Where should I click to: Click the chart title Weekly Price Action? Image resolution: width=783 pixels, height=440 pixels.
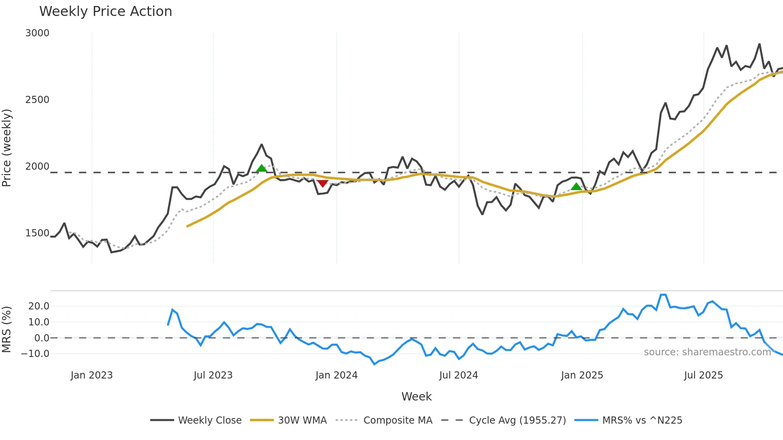click(105, 12)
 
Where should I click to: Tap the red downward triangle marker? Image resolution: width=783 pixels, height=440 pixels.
click(322, 183)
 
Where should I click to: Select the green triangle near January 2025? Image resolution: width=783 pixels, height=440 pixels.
click(576, 186)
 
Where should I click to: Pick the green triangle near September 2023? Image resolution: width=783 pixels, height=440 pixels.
click(261, 168)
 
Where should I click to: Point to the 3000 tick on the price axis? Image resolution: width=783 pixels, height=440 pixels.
click(37, 33)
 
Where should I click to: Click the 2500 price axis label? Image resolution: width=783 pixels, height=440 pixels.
click(37, 100)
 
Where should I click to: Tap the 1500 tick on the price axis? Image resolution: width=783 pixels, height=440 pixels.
click(37, 233)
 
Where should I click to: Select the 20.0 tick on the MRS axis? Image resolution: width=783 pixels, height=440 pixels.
click(39, 306)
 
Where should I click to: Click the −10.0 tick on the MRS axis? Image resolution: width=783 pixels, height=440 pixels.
click(35, 354)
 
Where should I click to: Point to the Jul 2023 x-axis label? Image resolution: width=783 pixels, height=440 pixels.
click(213, 375)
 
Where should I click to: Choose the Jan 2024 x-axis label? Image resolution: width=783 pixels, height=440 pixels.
click(336, 375)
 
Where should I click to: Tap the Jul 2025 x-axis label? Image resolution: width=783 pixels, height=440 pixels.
click(704, 375)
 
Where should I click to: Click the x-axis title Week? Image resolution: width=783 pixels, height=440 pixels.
click(416, 396)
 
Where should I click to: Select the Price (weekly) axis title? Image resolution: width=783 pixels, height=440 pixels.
click(6, 148)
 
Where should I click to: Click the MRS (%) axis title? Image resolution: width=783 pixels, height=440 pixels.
click(6, 329)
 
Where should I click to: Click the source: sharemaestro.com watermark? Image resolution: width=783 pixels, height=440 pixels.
click(707, 352)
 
